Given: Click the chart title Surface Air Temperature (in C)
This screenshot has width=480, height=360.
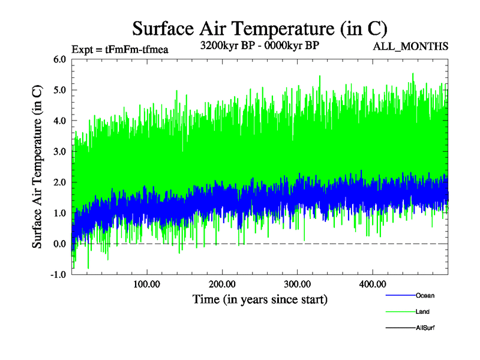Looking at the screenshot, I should click(260, 28).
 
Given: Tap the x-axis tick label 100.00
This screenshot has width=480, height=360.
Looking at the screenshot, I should click(146, 284).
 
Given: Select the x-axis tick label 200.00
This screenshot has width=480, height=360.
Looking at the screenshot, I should click(222, 284).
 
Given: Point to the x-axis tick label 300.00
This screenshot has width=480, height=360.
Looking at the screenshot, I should click(297, 284).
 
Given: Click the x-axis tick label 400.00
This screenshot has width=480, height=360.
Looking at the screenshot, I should click(372, 284).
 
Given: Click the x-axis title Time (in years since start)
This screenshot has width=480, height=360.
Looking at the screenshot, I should click(260, 299).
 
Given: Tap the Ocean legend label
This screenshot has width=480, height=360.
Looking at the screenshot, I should click(425, 296).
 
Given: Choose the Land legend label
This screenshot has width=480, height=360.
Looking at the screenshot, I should click(422, 312).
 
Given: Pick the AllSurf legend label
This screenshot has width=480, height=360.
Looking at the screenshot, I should click(425, 328).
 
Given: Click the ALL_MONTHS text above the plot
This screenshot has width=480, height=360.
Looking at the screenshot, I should click(410, 47).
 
